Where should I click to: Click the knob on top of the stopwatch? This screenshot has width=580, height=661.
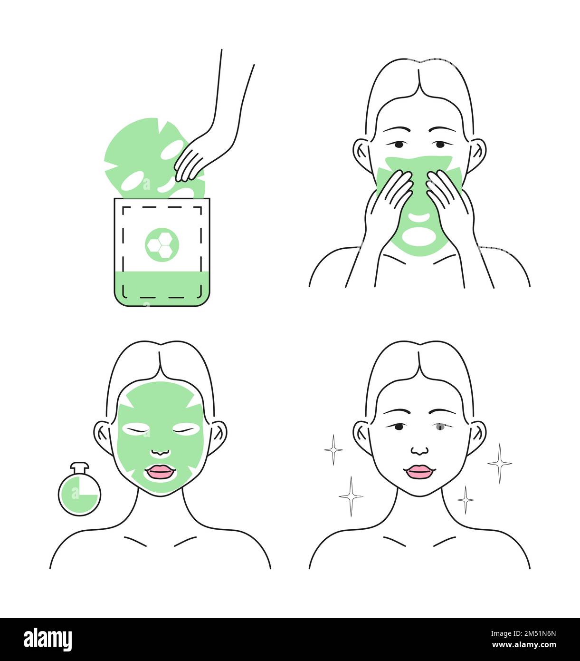click(x=79, y=466)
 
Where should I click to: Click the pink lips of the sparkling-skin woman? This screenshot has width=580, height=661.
click(x=419, y=472)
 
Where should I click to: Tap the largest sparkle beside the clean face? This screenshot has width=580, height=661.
click(x=500, y=463)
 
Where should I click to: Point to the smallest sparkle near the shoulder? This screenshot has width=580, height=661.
click(x=466, y=499)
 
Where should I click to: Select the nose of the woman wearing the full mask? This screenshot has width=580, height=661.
click(x=161, y=451)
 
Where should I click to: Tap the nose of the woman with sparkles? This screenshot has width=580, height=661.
click(x=419, y=450)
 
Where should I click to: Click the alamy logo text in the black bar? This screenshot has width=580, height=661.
click(x=48, y=640)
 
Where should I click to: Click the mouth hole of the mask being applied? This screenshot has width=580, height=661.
click(x=418, y=235)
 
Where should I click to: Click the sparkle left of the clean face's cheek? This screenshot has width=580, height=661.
click(x=333, y=449)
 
